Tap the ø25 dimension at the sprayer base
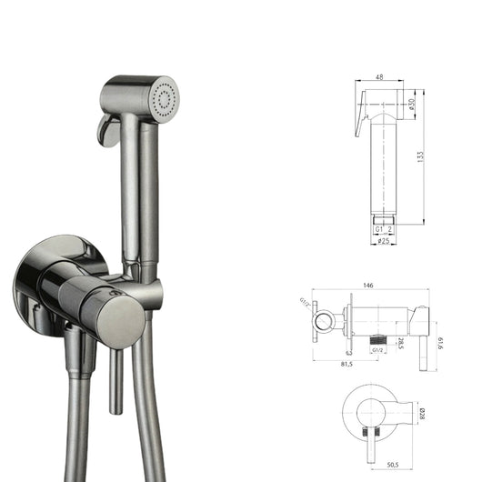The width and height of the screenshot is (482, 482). tap(386, 240)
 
